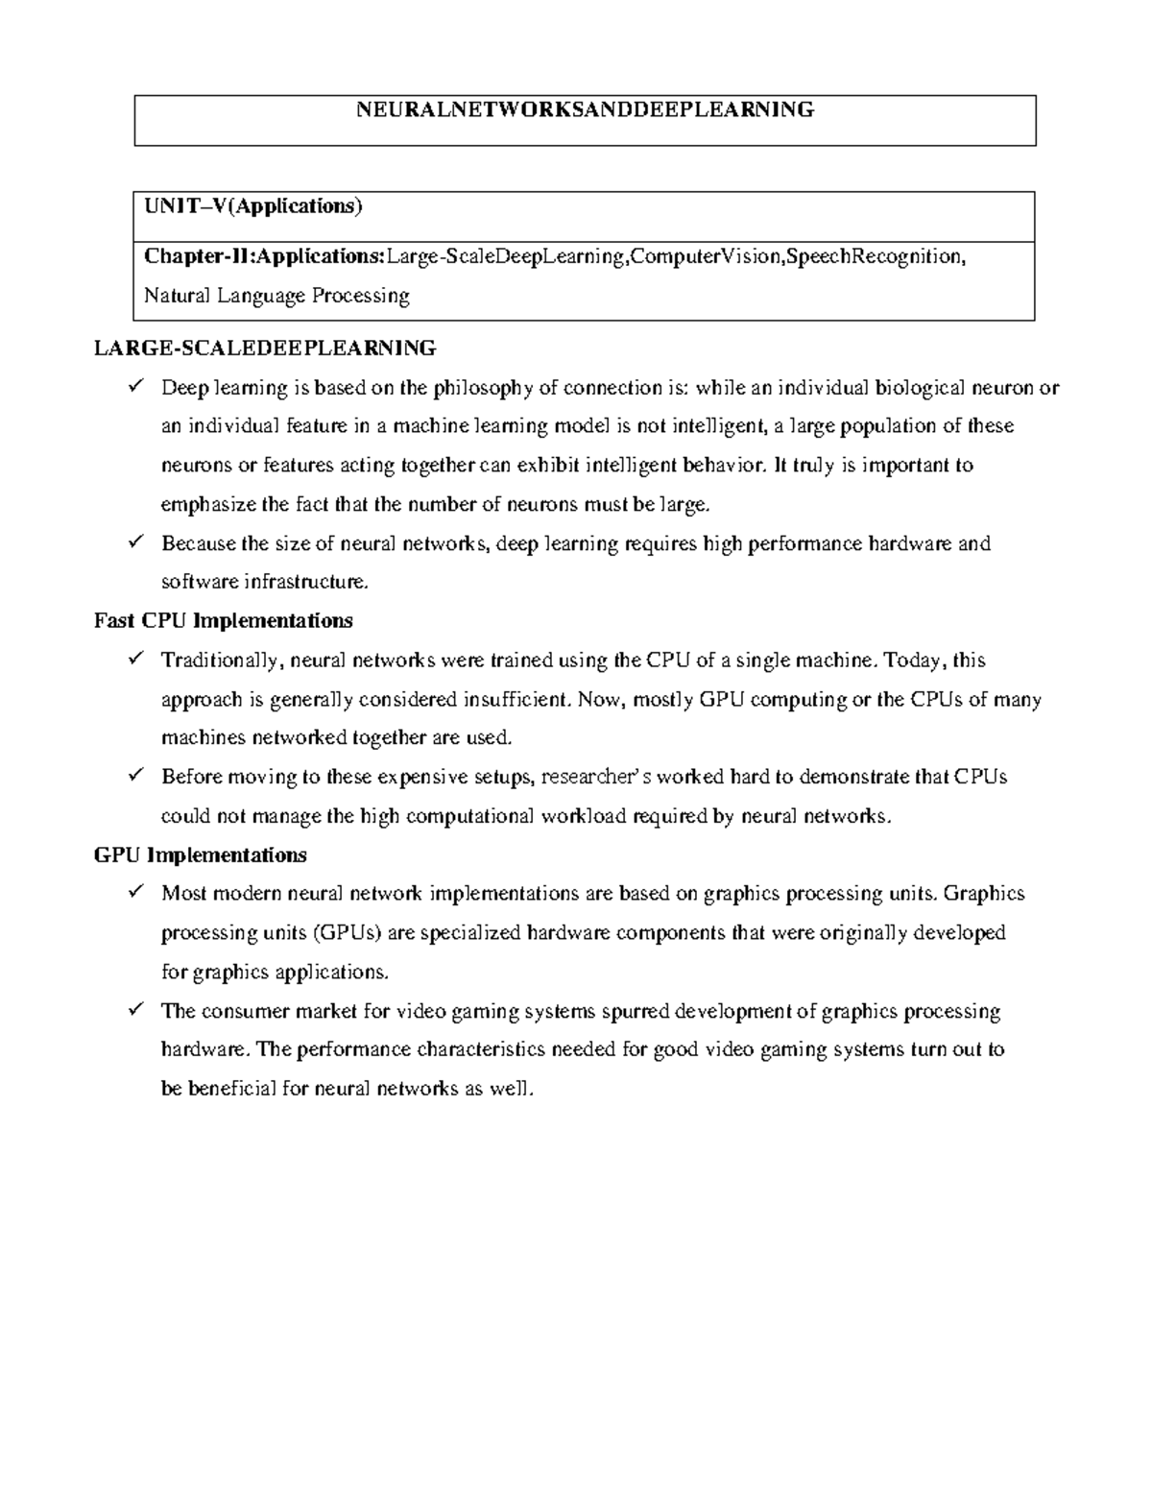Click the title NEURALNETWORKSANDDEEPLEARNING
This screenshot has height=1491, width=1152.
[x=585, y=109]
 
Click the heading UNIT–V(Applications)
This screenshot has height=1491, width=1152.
[x=253, y=205]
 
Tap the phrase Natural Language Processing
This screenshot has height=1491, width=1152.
[x=276, y=296]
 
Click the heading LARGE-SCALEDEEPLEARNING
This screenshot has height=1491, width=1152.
[x=265, y=348]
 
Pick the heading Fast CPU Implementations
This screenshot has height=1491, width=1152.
[x=224, y=621]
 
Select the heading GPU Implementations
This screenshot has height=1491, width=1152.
[x=201, y=855]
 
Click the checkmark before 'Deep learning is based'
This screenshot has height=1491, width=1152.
[x=134, y=387]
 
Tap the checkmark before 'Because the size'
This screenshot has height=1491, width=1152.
[x=134, y=542]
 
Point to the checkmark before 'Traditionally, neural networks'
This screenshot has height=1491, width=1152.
[x=134, y=660]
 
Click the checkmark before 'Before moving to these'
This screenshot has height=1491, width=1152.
[x=134, y=776]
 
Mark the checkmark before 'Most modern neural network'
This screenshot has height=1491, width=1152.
[x=134, y=893]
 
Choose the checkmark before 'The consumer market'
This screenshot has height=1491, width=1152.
[x=134, y=1010]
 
